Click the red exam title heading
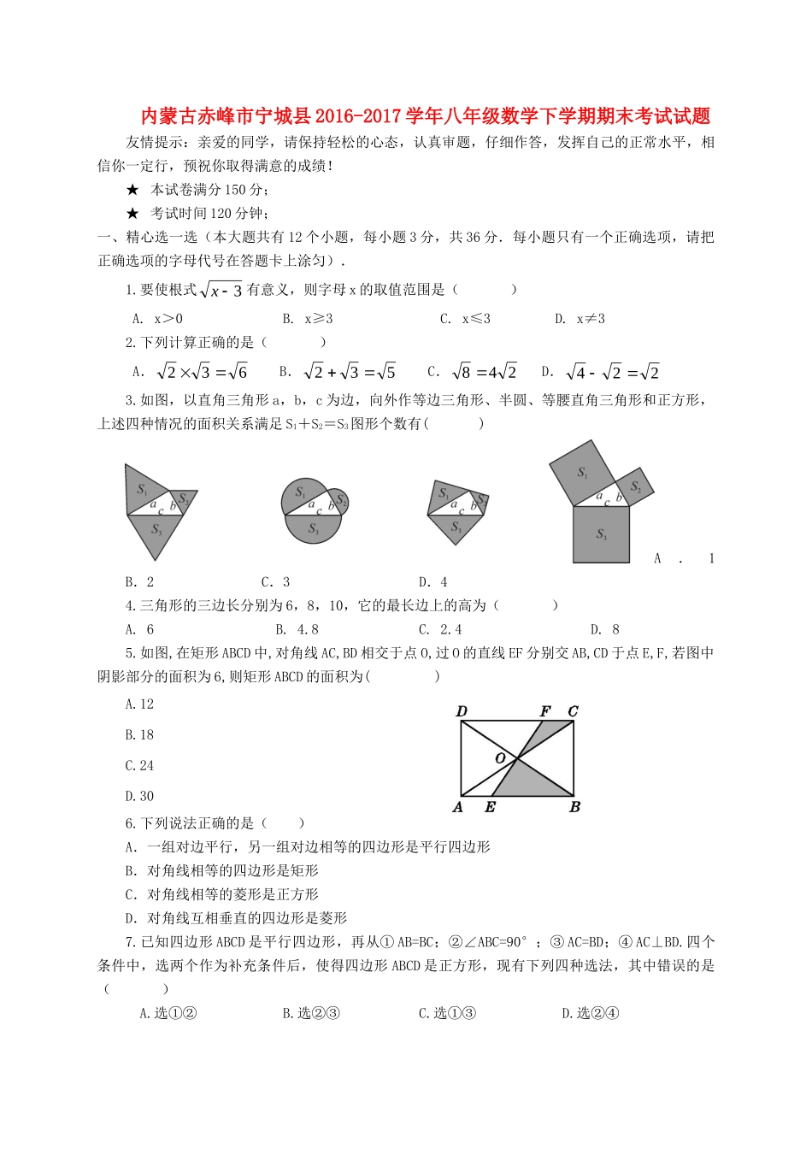(x=425, y=116)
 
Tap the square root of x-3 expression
(x=221, y=291)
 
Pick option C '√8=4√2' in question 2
(x=472, y=372)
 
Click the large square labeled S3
(x=601, y=534)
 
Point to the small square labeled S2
(x=635, y=486)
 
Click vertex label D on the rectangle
(x=462, y=711)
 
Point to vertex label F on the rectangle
(x=545, y=711)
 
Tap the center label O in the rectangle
(x=501, y=758)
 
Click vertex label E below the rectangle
(x=490, y=808)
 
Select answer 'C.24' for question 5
(x=139, y=766)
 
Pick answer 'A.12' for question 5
(x=139, y=704)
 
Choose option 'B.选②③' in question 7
(x=311, y=1014)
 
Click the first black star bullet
(x=132, y=190)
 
